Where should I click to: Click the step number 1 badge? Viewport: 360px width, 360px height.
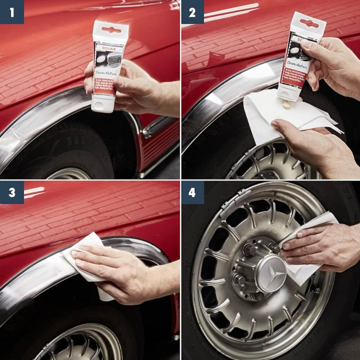(12, 12)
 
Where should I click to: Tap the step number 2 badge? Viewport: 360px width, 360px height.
(192, 12)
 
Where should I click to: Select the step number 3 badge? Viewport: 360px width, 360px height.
(12, 192)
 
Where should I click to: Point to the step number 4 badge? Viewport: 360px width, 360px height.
(192, 192)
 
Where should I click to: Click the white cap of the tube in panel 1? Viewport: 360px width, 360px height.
(103, 105)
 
